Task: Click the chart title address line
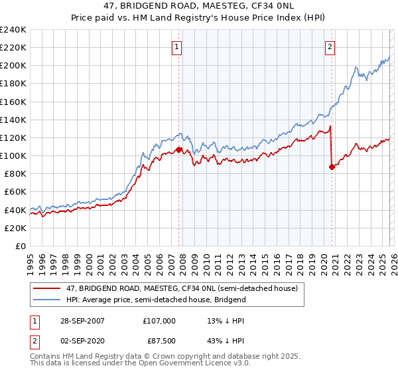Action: (198, 6)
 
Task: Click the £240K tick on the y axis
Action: (13, 30)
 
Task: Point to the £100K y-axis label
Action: (13, 155)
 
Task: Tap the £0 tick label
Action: (21, 246)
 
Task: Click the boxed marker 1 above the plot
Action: (178, 46)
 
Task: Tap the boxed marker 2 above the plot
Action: (330, 46)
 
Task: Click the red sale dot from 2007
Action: (179, 149)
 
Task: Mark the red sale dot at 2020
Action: (331, 167)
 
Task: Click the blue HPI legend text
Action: (156, 300)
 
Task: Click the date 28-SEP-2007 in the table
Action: (81, 320)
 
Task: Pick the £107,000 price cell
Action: (159, 320)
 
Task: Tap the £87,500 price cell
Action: (161, 341)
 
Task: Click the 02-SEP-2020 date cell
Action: (81, 341)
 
